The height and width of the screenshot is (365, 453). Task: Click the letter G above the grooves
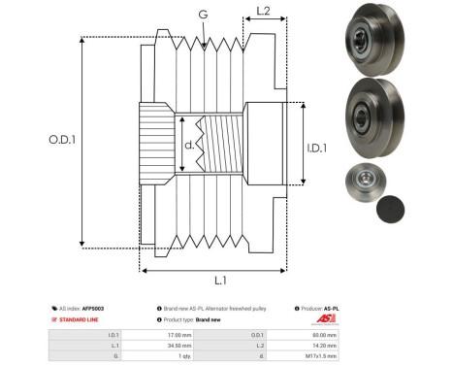point(202,15)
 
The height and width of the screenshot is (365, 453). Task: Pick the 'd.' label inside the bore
point(189,147)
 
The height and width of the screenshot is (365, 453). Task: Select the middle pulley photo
point(372,115)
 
